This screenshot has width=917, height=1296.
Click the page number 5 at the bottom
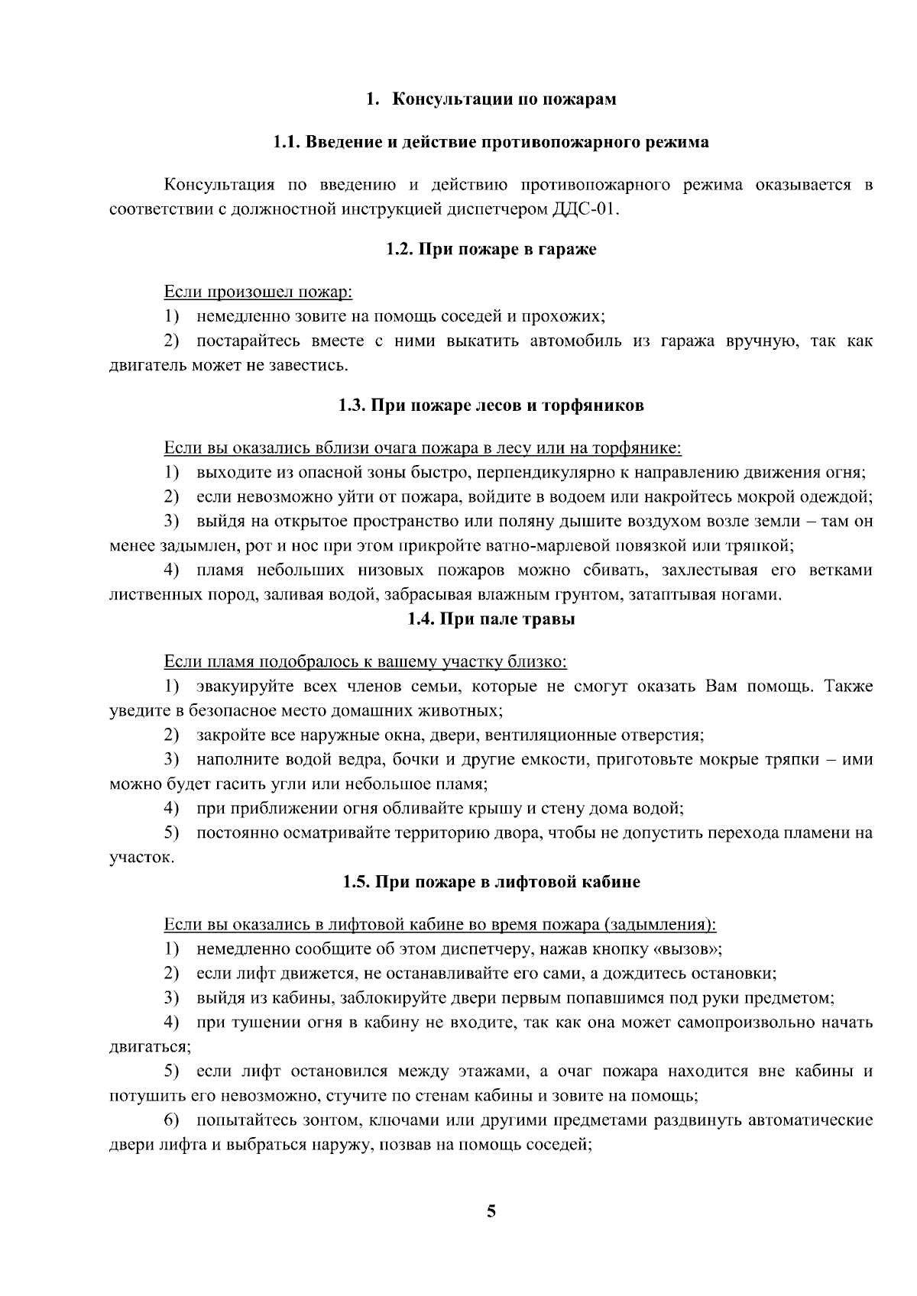click(491, 1211)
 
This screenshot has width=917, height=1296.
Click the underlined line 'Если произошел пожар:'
click(258, 292)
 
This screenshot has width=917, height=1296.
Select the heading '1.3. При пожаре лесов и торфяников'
click(491, 405)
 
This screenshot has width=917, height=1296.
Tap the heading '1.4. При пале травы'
click(491, 619)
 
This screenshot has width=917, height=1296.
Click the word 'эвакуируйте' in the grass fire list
click(243, 686)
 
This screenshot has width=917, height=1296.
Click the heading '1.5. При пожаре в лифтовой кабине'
click(491, 882)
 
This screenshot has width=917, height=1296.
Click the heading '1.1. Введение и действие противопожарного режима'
click(491, 142)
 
